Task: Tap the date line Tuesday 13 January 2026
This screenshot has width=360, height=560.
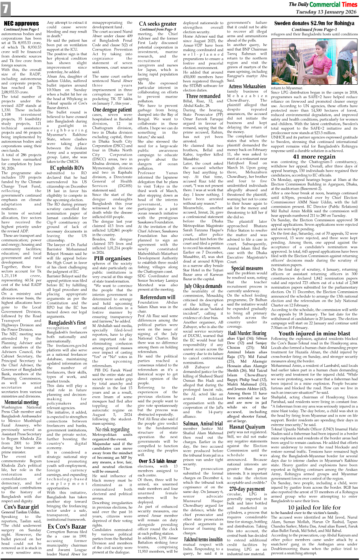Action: pyautogui.click(x=326, y=12)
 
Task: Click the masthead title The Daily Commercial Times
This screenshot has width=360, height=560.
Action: pyautogui.click(x=323, y=4)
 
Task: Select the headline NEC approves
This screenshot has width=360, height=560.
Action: pyautogui.click(x=21, y=23)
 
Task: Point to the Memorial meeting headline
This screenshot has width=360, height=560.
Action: pyautogui.click(x=21, y=402)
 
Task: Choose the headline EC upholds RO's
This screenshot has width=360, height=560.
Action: pyautogui.click(x=67, y=168)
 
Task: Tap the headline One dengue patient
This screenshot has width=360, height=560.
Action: pyautogui.click(x=112, y=109)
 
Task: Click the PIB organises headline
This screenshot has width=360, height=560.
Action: pyautogui.click(x=112, y=258)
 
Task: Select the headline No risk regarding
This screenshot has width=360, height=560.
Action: pyautogui.click(x=112, y=429)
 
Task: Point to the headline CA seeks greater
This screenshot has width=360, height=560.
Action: pyautogui.click(x=158, y=24)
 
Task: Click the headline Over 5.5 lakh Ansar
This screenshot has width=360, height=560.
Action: pyautogui.click(x=158, y=461)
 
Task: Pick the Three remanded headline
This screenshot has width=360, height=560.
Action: pyautogui.click(x=203, y=96)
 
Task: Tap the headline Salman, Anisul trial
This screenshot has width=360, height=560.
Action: pyautogui.click(x=203, y=424)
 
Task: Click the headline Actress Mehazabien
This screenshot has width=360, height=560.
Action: pyautogui.click(x=247, y=86)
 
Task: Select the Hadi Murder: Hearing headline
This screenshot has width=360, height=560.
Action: pyautogui.click(x=247, y=333)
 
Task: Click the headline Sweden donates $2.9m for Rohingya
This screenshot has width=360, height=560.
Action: pyautogui.click(x=314, y=23)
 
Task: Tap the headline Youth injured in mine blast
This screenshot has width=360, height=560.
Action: pyautogui.click(x=314, y=333)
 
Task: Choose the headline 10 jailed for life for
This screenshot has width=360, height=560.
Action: pyautogui.click(x=314, y=507)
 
